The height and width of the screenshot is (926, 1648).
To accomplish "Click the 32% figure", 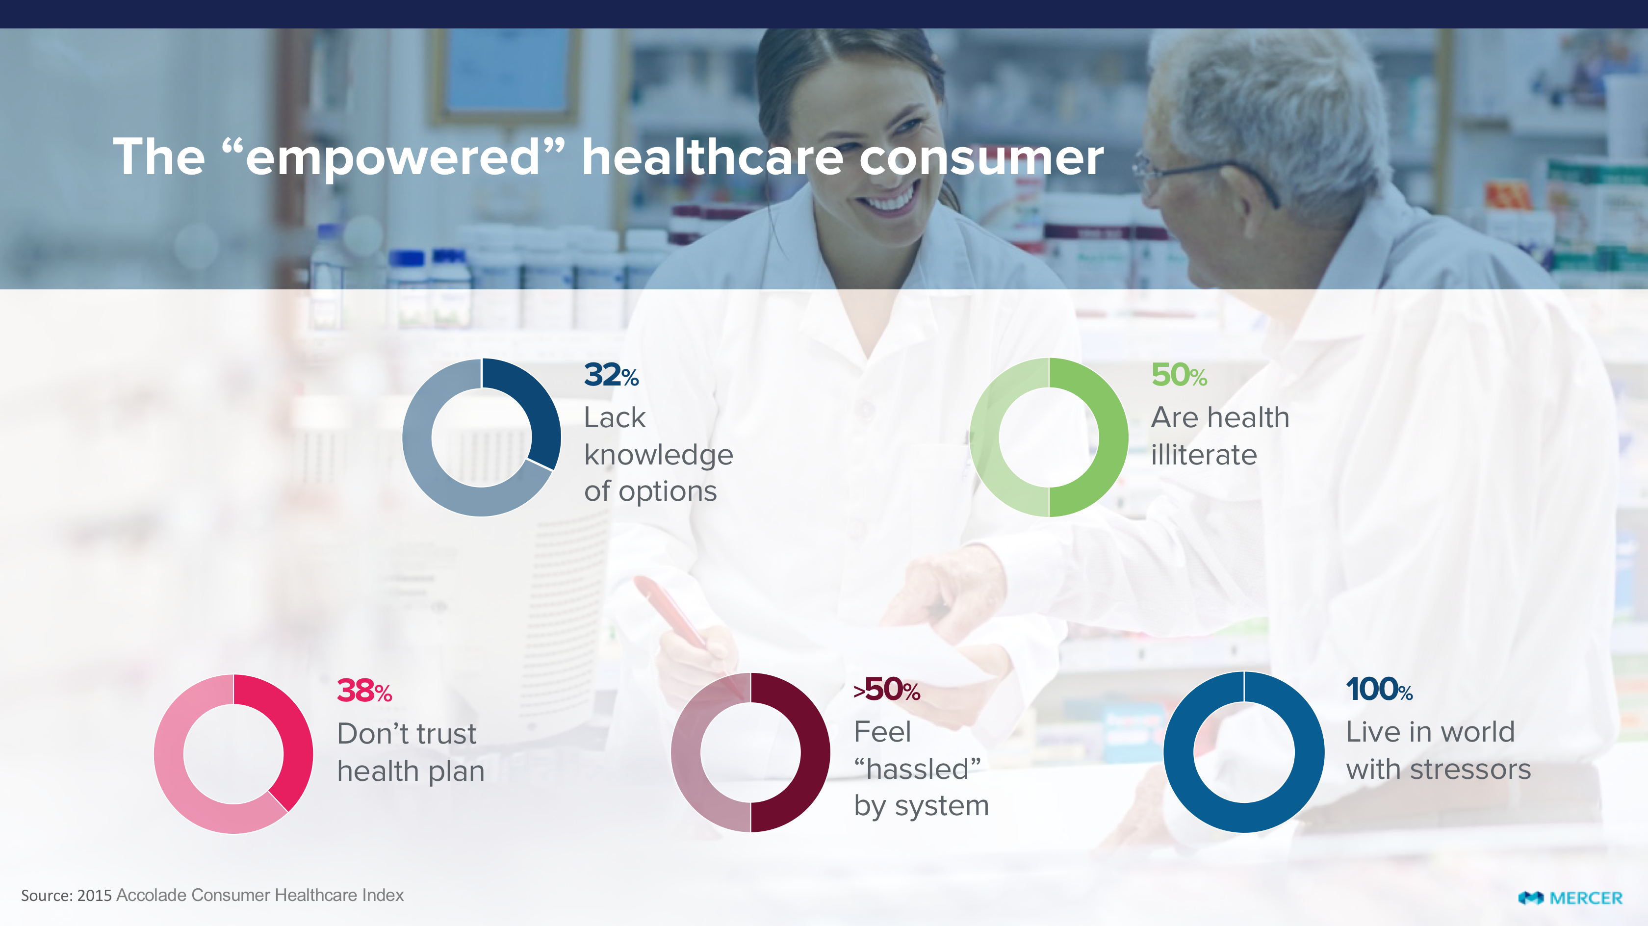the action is click(611, 375).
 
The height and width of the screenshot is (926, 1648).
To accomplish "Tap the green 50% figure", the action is click(1179, 375).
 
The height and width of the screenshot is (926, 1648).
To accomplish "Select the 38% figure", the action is click(364, 691).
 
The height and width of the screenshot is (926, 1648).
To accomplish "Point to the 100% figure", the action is click(1379, 689).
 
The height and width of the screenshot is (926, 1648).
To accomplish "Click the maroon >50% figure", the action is click(887, 689).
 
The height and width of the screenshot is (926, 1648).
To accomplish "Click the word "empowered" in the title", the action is click(393, 157).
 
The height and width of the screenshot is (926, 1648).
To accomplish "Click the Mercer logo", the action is click(1571, 898).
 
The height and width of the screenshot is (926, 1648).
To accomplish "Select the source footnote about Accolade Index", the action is click(212, 895).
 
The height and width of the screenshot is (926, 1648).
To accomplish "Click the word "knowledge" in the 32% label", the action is click(658, 456).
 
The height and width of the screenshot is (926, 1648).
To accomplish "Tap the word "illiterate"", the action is click(1203, 455).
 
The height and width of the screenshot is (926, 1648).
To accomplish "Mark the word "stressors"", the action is click(1470, 769).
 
